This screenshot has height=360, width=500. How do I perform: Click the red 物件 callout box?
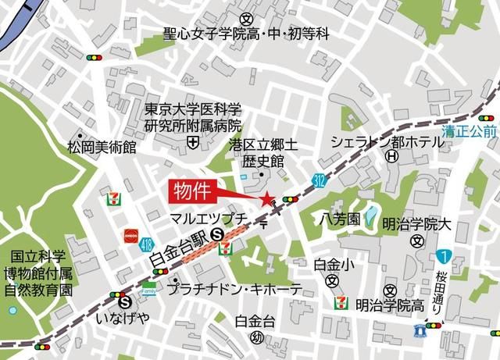tap(190, 190)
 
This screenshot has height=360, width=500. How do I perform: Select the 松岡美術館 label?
tap(102, 146)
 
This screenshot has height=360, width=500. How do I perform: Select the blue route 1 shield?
tap(443, 255)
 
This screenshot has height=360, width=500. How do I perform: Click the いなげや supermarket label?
tap(121, 319)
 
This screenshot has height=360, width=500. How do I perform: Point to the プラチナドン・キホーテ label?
tap(235, 289)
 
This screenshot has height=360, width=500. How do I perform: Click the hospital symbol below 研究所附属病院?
tap(192, 141)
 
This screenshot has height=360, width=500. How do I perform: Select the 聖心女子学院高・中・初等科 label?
tap(246, 34)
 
